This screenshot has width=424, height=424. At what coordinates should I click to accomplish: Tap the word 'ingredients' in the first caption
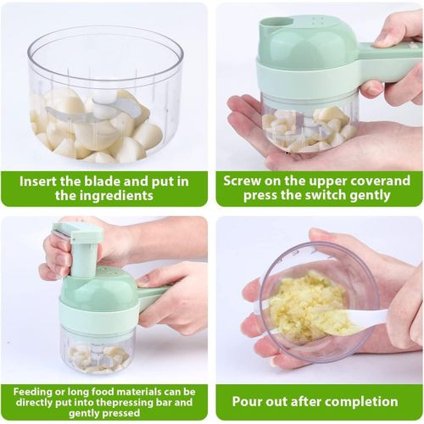click(120, 195)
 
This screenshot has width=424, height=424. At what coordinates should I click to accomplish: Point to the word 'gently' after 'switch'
click(371, 196)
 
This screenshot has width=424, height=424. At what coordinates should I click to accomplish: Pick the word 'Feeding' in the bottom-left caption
click(31, 393)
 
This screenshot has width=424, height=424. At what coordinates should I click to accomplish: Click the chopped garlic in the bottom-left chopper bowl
click(98, 358)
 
